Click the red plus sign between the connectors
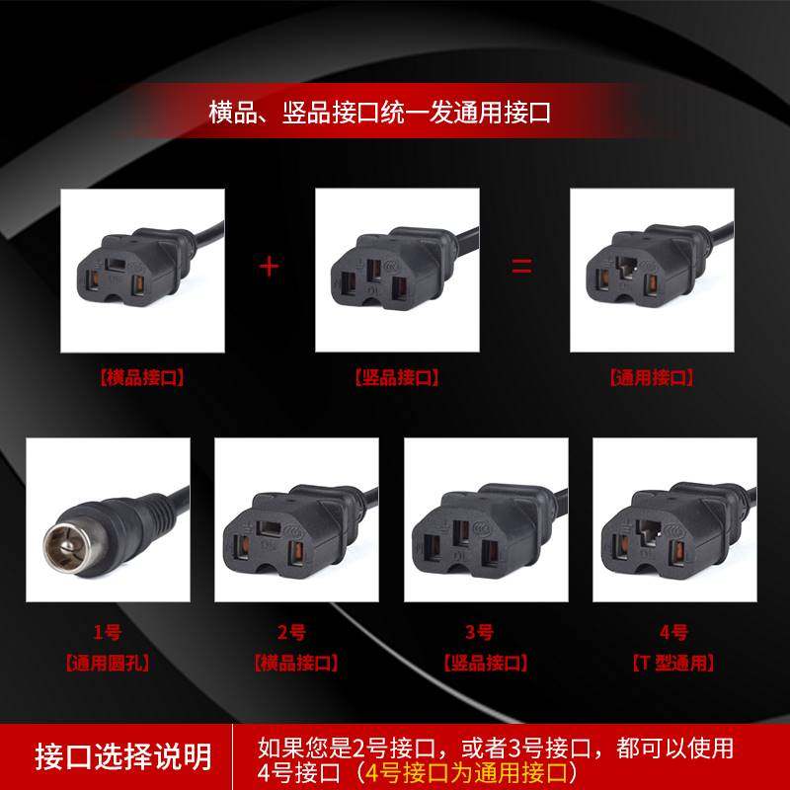point(269,267)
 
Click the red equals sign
point(522,267)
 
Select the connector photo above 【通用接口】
point(652,270)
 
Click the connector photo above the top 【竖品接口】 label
point(397,270)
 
